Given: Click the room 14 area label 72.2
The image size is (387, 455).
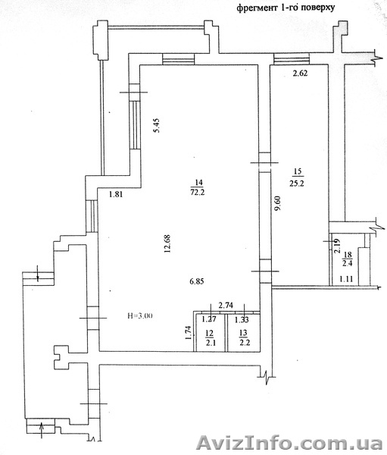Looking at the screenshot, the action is (198, 192).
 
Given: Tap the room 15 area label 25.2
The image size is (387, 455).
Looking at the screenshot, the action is (297, 184).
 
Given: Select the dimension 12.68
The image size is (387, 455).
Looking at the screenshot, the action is (167, 243).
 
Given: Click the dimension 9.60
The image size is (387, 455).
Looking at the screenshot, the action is (278, 204).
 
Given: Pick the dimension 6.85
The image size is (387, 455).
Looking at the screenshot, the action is (197, 281).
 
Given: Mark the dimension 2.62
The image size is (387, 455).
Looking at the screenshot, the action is (300, 74).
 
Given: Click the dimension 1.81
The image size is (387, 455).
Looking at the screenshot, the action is (116, 194).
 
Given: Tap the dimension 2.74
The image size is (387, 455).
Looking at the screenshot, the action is (226, 305).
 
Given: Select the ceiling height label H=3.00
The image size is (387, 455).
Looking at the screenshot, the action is (140, 315).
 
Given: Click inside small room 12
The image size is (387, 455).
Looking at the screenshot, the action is (211, 333).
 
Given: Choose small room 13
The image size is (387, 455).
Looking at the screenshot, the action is (244, 333).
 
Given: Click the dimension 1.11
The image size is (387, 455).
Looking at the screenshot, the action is (346, 279).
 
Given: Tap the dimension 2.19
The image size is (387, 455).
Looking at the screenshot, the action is (337, 246).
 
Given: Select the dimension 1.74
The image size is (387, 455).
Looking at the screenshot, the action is (189, 333).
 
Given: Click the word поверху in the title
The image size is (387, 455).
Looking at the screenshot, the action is (318, 8).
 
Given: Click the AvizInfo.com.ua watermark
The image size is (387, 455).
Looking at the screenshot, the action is (290, 444).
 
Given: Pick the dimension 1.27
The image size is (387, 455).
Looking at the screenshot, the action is (209, 319).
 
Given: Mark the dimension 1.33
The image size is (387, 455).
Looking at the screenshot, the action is (242, 320).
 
